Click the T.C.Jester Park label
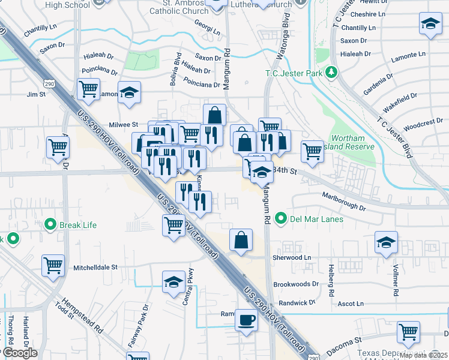[x=294, y=73]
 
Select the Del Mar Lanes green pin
[x=280, y=218]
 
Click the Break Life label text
[x=78, y=226]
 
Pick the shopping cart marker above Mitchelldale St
[x=53, y=264]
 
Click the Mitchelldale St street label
[x=95, y=266]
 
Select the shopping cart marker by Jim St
[x=88, y=89]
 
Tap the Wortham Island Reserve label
[x=353, y=142]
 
